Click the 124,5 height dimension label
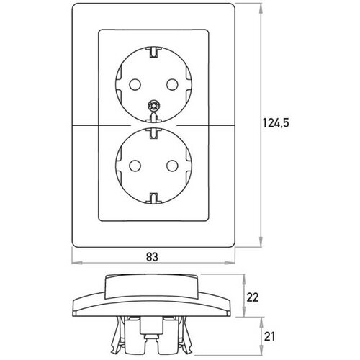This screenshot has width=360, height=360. click(276, 123)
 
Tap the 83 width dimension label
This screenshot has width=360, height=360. click(152, 257)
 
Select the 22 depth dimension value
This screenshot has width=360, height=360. click(253, 297)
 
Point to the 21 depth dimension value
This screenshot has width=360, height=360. click(269, 337)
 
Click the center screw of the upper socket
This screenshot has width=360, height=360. click(153, 106)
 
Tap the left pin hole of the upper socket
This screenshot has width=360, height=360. click(135, 84)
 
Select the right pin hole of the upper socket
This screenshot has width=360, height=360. click(172, 84)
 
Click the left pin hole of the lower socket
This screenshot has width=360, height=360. click(135, 166)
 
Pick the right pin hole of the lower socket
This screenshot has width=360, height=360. click(172, 166)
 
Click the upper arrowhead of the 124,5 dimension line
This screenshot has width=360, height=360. click(261, 9)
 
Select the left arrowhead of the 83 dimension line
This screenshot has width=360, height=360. click(77, 263)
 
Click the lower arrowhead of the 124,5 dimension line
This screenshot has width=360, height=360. click(261, 241)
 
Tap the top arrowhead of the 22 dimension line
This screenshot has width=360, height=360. click(244, 279)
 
